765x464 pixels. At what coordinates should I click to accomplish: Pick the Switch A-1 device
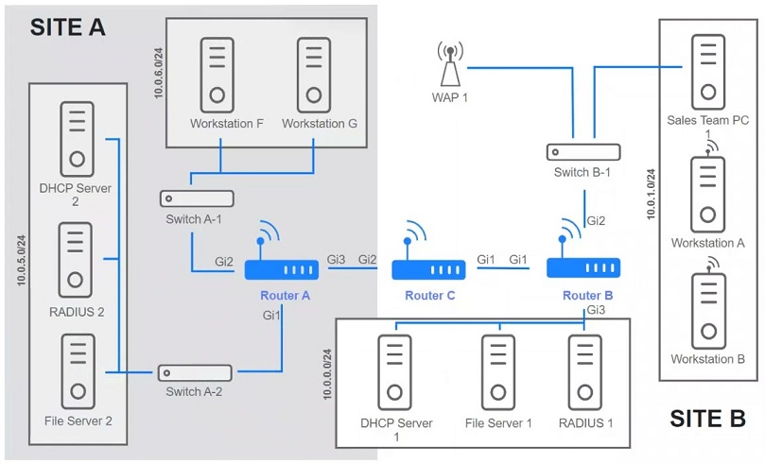click(x=197, y=199)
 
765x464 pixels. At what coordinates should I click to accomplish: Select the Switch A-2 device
click(x=196, y=372)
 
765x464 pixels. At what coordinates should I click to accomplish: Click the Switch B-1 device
click(x=582, y=151)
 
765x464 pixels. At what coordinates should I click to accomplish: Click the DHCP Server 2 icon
click(x=76, y=138)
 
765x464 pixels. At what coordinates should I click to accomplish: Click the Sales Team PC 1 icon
click(x=706, y=70)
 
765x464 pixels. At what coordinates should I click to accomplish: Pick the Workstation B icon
click(x=707, y=311)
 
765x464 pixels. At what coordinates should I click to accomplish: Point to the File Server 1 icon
click(x=497, y=373)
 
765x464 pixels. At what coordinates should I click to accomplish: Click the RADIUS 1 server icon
click(x=584, y=373)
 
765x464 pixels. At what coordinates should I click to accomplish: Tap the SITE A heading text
click(x=67, y=26)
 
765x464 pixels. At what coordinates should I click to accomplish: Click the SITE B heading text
click(x=707, y=418)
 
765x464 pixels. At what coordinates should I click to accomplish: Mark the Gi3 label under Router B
click(x=596, y=310)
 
